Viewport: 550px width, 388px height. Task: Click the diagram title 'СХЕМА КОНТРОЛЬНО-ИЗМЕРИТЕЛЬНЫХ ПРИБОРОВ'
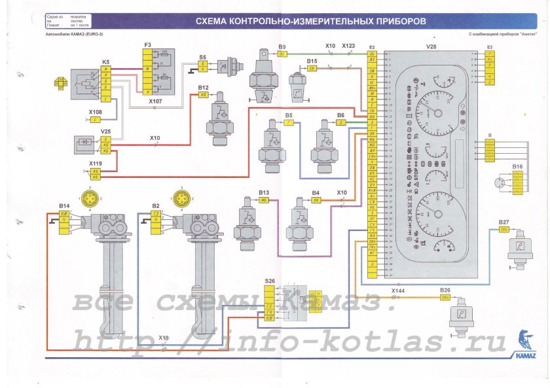tap(311, 22)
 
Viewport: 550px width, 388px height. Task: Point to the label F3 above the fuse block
tap(148, 44)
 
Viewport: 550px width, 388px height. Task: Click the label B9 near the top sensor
tap(282, 47)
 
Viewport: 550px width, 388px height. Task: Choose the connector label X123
tap(348, 46)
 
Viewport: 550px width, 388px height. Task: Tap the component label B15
tap(312, 60)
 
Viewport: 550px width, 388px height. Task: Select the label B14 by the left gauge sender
tap(64, 205)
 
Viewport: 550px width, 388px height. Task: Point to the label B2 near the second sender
tap(155, 205)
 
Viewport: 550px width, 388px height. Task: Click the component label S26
tap(270, 281)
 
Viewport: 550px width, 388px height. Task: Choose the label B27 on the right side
tap(504, 222)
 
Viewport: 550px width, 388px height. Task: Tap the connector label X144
tap(398, 289)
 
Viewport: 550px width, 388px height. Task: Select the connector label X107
tap(155, 102)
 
